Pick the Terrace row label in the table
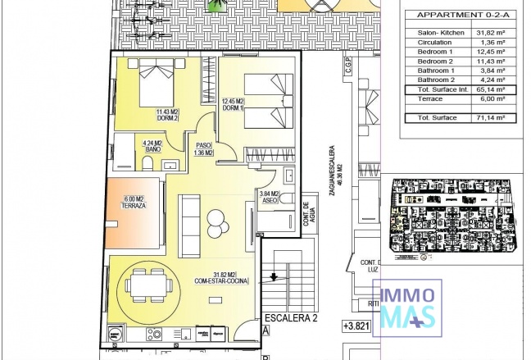point(430,98)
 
